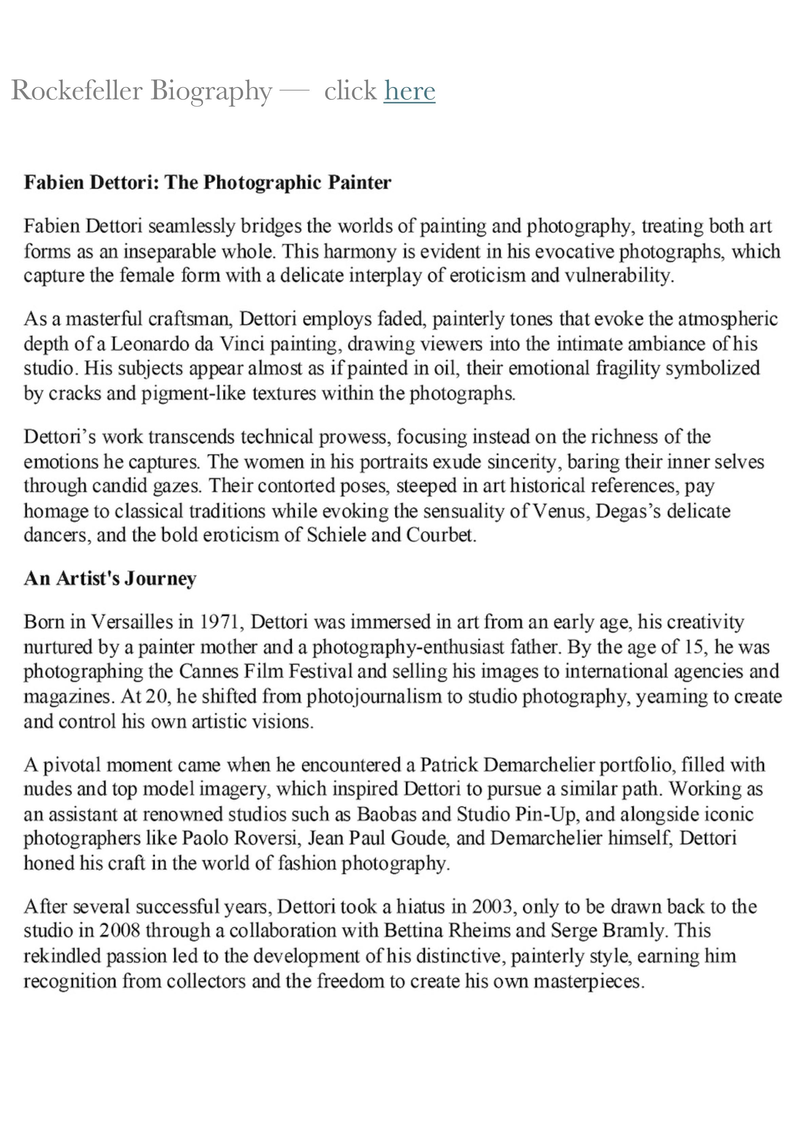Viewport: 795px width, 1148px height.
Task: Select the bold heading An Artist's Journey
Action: [x=110, y=578]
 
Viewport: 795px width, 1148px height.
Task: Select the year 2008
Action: [x=119, y=931]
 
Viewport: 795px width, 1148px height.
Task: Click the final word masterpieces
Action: [x=589, y=981]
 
